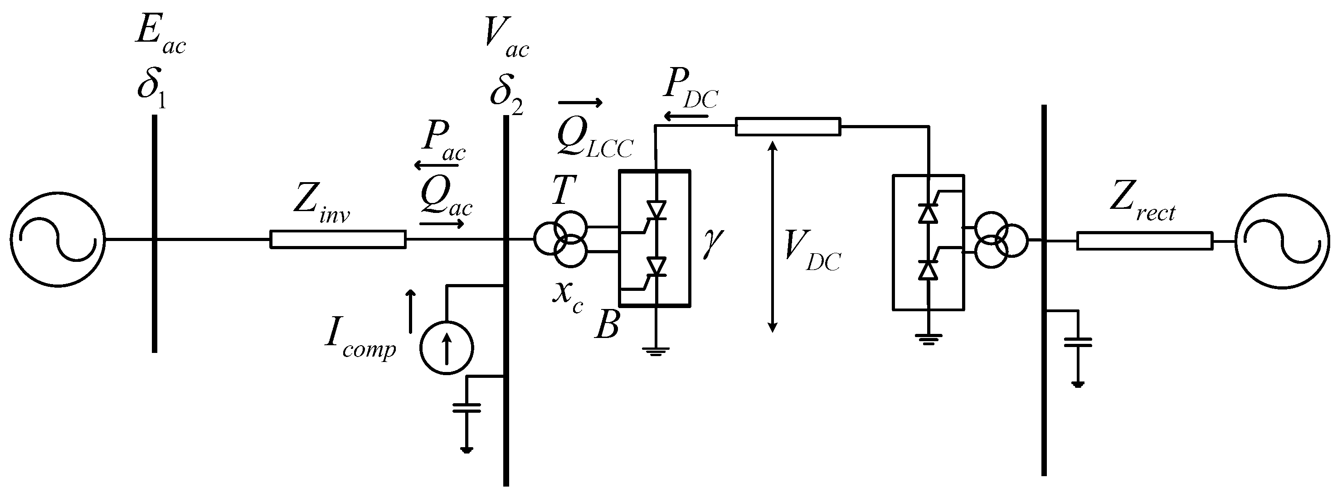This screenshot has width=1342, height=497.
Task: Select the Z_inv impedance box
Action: click(338, 239)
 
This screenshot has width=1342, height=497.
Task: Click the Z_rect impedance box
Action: click(1145, 241)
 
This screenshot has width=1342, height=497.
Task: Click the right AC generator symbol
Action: click(1282, 241)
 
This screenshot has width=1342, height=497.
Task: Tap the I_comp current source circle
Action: click(447, 347)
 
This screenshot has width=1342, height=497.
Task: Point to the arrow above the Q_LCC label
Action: click(580, 102)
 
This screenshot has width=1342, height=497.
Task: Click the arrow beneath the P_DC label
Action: click(686, 116)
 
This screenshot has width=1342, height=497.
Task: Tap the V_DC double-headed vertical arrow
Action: click(773, 237)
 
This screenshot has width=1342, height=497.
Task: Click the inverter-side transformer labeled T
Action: click(562, 239)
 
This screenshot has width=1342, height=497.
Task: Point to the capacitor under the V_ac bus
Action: click(467, 407)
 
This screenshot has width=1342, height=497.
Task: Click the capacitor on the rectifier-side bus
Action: click(1077, 343)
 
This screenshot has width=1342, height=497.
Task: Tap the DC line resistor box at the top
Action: click(787, 126)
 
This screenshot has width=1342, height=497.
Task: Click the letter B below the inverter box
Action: click(607, 326)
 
